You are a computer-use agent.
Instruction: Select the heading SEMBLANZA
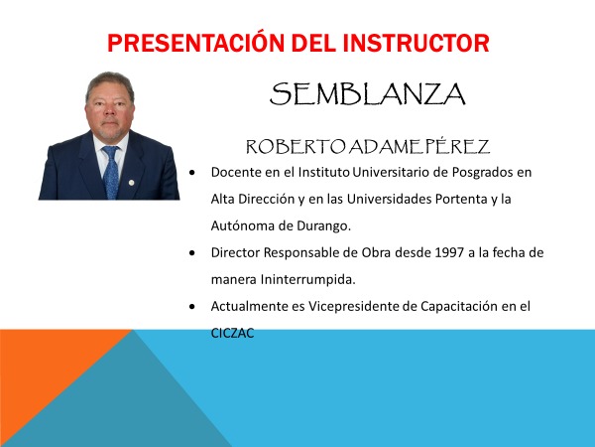click(x=367, y=94)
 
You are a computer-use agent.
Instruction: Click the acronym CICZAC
click(x=233, y=333)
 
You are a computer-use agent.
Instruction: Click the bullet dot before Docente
click(x=192, y=172)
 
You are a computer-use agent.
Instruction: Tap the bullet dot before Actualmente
click(x=192, y=306)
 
